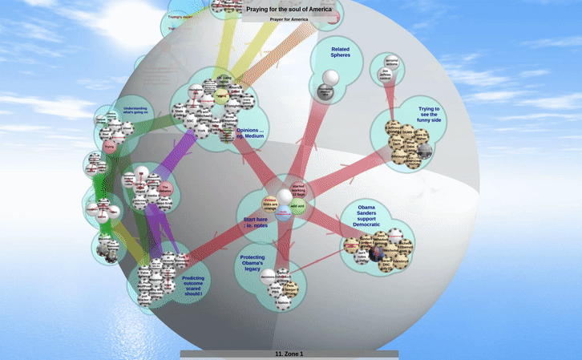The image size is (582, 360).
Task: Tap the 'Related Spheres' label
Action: (340, 52)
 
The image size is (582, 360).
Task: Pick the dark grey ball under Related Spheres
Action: (325, 92)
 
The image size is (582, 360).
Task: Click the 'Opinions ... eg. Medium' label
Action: (250, 132)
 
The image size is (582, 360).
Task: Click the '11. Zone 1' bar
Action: (289, 354)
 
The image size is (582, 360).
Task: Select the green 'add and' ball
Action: (297, 206)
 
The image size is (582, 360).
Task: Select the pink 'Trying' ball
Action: (110, 147)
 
